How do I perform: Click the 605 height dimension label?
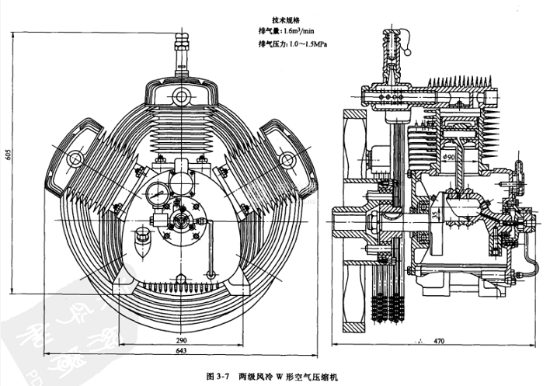tap(7, 153)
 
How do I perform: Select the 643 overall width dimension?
tap(180, 353)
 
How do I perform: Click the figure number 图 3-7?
tap(220, 375)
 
